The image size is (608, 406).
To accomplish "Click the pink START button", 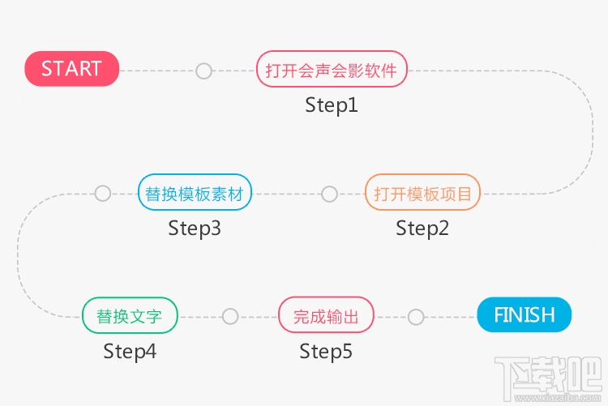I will [x=72, y=69].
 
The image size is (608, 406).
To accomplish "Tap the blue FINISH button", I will [x=525, y=314].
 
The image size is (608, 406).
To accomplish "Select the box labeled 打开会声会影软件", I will [x=332, y=71].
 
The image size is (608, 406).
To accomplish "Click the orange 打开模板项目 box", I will [x=422, y=194].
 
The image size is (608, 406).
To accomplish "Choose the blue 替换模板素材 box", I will [x=195, y=194].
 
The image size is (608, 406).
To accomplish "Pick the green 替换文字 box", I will [x=130, y=315].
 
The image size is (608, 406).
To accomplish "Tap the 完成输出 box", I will [x=326, y=316].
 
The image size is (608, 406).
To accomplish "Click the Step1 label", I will [x=331, y=105].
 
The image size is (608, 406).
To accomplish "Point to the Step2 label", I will [x=422, y=229].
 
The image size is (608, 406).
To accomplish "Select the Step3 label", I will [x=195, y=229].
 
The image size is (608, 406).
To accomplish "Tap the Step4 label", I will [x=130, y=352].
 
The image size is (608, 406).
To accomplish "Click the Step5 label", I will [x=326, y=352].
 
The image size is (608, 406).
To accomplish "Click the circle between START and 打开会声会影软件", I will [x=203, y=71].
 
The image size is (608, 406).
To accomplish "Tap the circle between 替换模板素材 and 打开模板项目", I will [x=329, y=194].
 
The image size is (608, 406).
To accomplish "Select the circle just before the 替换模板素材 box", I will [x=102, y=194].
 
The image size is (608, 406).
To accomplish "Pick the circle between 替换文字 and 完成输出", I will [x=230, y=316].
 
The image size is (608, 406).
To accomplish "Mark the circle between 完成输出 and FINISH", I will [x=416, y=316].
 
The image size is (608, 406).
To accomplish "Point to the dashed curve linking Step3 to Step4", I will [x=18, y=255].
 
